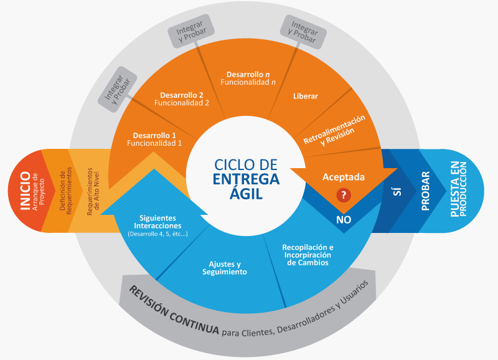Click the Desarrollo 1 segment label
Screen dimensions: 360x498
tap(154, 139)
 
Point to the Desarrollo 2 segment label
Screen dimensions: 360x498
tap(181, 98)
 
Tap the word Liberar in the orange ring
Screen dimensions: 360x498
tap(306, 97)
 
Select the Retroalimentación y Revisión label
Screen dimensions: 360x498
tap(334, 130)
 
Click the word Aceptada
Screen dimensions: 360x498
tap(343, 177)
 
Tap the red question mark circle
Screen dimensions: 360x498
tap(342, 195)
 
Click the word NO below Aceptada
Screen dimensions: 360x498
tap(344, 220)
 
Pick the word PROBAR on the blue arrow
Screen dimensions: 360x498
tap(426, 191)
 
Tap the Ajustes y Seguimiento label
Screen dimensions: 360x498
tap(225, 268)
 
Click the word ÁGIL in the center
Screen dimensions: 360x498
tap(246, 194)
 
